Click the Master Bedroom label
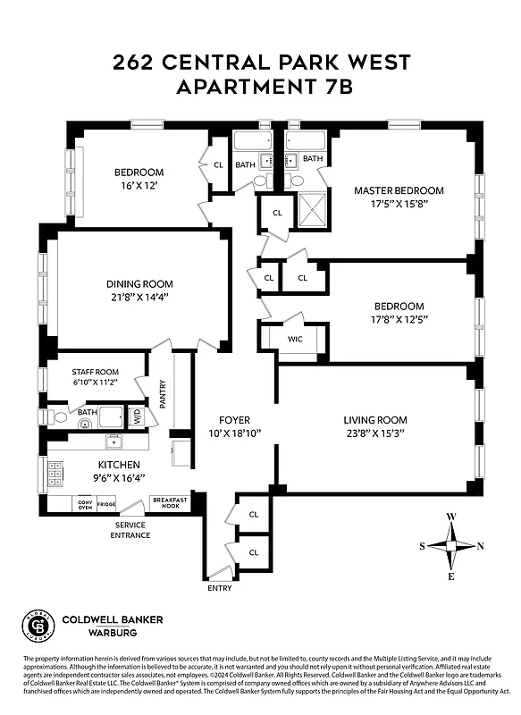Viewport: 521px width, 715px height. click(x=399, y=190)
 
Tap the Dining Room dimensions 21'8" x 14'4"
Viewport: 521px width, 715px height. click(x=138, y=297)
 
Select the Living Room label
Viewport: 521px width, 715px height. click(x=374, y=419)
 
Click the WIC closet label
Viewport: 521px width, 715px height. click(x=295, y=340)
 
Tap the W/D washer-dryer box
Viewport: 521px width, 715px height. click(x=137, y=416)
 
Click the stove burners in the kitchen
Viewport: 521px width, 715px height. click(x=55, y=472)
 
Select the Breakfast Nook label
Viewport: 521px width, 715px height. click(x=168, y=503)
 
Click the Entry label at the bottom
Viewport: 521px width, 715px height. click(x=219, y=587)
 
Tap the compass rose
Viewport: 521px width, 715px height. click(x=451, y=545)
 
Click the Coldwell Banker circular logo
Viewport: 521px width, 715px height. click(x=38, y=627)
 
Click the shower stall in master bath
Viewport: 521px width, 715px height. click(x=311, y=210)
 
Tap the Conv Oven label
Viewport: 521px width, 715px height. click(x=86, y=504)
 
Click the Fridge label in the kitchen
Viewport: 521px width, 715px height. click(x=106, y=505)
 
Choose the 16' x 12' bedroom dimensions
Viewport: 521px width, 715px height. click(x=139, y=185)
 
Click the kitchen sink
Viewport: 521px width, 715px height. click(x=113, y=442)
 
